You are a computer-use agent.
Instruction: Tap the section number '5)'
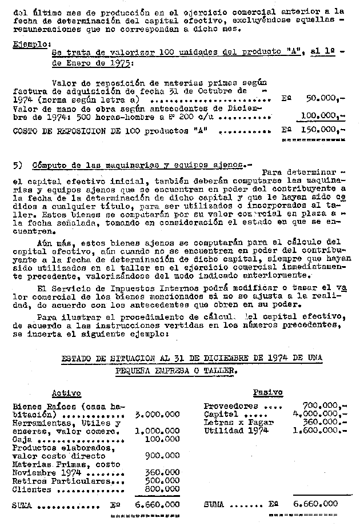(18, 164)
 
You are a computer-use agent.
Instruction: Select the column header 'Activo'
(66, 394)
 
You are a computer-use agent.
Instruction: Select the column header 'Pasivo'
(267, 392)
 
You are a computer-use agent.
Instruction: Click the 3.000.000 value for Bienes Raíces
(157, 414)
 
